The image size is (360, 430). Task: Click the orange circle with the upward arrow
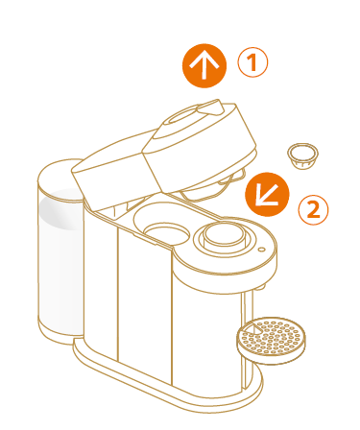[204, 66]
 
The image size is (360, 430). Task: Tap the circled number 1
[252, 62]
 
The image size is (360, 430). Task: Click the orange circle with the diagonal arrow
[267, 194]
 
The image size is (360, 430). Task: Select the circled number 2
[313, 210]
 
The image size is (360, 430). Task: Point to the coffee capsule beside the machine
[302, 156]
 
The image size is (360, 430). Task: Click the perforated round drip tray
[271, 340]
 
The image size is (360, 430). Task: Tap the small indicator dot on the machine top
[261, 250]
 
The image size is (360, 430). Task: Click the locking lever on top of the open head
[210, 107]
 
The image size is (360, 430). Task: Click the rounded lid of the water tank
[60, 179]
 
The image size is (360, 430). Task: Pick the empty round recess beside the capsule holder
[167, 234]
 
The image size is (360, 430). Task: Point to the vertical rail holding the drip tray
[248, 336]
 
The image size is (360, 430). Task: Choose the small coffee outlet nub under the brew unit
[261, 287]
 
